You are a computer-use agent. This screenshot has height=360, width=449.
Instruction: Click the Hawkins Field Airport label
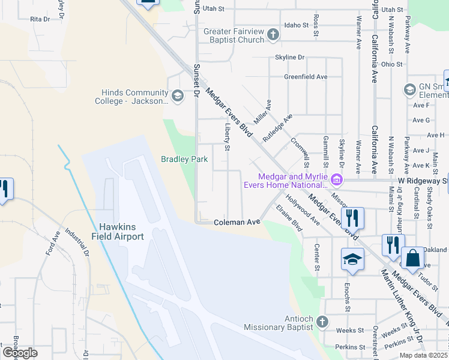pyautogui.click(x=121, y=231)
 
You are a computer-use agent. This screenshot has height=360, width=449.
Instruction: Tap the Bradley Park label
pyautogui.click(x=184, y=160)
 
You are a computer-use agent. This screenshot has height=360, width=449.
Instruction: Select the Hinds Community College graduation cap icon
pyautogui.click(x=177, y=96)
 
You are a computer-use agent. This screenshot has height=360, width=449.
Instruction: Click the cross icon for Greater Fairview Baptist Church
pyautogui.click(x=273, y=35)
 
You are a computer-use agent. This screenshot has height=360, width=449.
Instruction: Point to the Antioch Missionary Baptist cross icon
pyautogui.click(x=322, y=322)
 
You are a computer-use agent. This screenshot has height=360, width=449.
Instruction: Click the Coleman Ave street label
pyautogui.click(x=237, y=222)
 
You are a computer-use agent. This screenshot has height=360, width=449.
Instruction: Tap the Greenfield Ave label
pyautogui.click(x=306, y=77)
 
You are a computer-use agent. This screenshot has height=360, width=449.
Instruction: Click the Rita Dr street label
pyautogui.click(x=40, y=19)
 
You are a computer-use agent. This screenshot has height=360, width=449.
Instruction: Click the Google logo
pyautogui.click(x=19, y=353)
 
